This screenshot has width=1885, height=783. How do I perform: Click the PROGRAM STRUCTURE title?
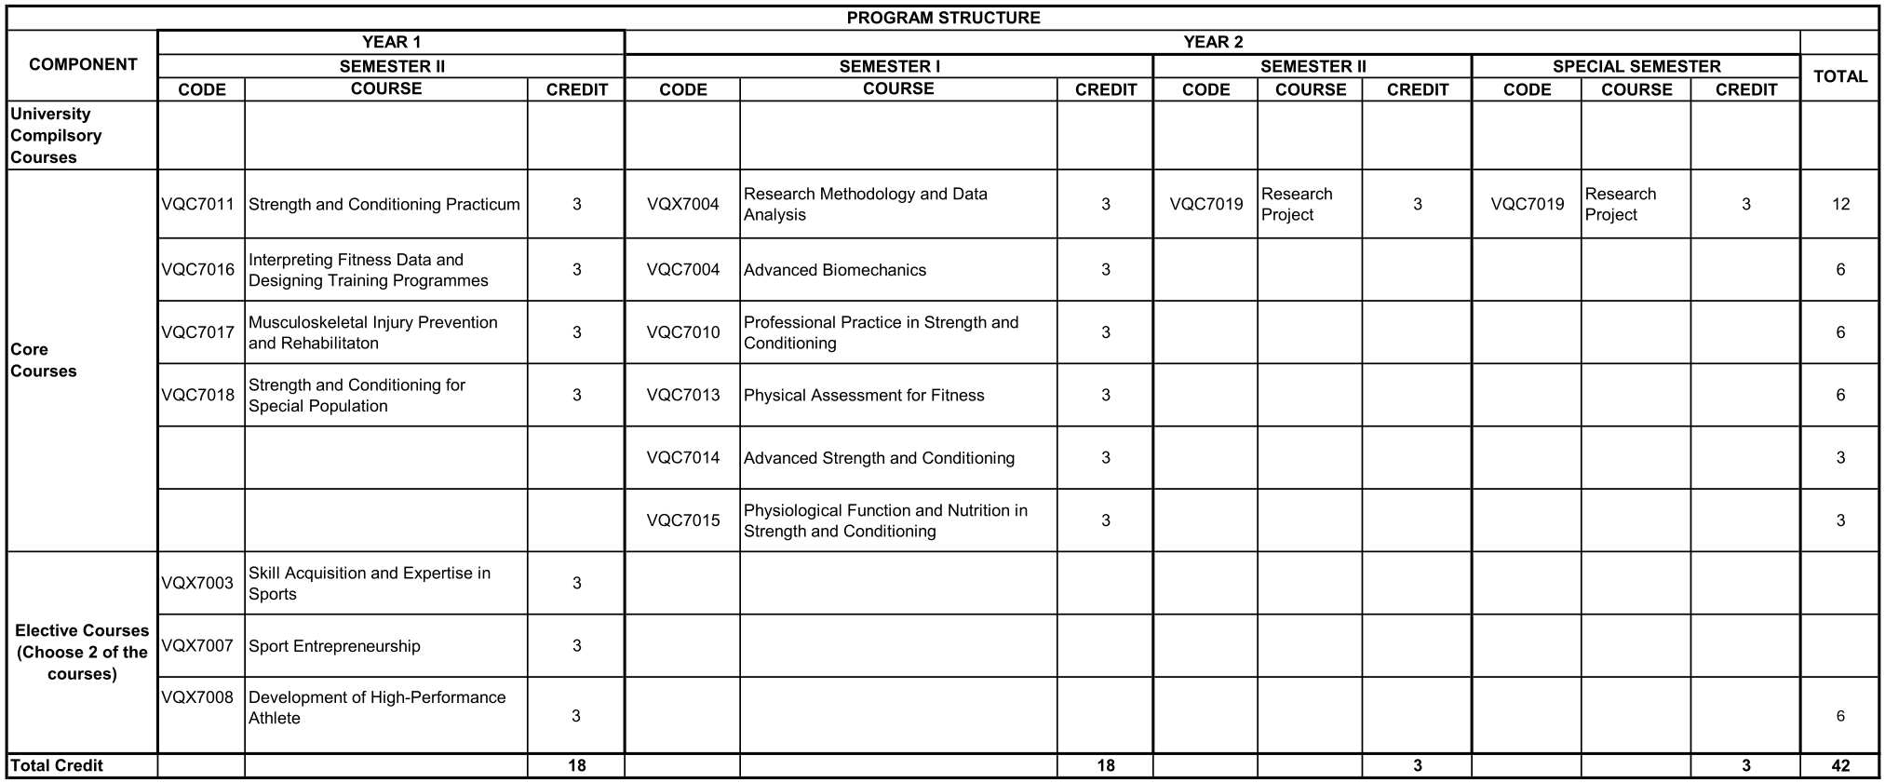point(943,18)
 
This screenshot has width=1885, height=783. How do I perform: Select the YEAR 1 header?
point(391,42)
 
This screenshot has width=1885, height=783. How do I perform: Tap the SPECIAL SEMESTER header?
point(1636,66)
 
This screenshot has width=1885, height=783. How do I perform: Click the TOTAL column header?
point(1839,76)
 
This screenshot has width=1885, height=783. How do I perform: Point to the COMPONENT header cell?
point(83,64)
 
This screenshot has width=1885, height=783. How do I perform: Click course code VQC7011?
point(197,204)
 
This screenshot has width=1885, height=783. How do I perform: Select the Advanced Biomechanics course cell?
point(835,270)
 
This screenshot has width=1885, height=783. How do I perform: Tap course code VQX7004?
point(682,204)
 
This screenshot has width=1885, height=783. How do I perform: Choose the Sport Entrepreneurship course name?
point(334,646)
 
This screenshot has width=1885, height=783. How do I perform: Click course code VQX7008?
point(197,697)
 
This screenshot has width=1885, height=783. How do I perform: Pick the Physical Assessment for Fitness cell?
point(864,395)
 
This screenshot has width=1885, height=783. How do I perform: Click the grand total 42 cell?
point(1839,765)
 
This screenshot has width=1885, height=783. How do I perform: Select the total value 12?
point(1839,204)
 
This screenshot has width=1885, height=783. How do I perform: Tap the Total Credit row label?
point(56,765)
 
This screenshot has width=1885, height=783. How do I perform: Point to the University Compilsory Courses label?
point(56,135)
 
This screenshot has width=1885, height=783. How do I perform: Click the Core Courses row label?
point(43,360)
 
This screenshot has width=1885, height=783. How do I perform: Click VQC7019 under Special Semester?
point(1527,204)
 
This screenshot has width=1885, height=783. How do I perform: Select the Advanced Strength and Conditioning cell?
point(879,458)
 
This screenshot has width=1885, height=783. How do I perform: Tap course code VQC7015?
point(682,520)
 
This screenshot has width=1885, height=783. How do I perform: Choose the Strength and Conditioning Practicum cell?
point(384,204)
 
